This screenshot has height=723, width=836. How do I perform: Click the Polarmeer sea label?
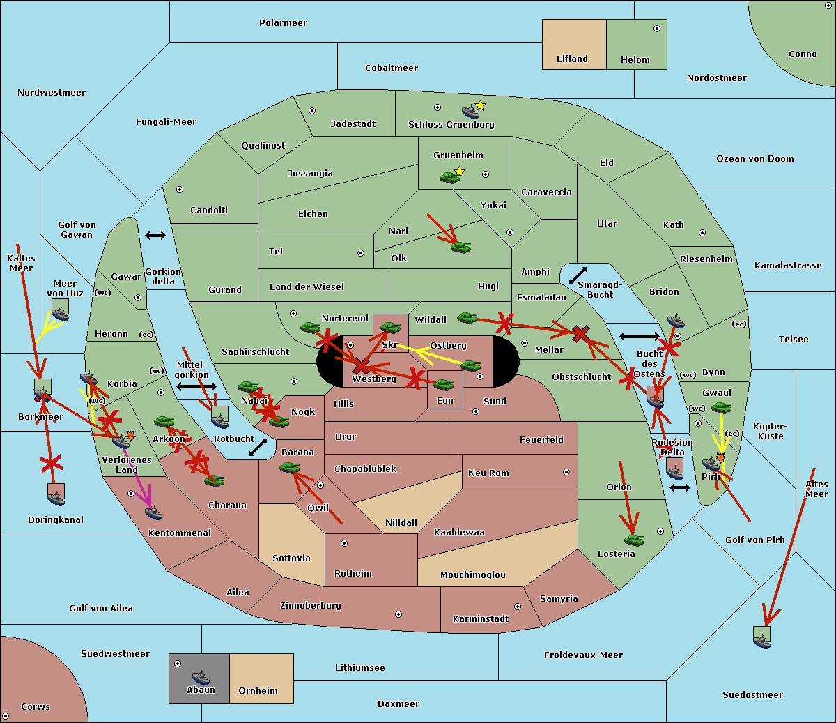pos(283,23)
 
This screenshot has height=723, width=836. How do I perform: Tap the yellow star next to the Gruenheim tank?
pos(460,172)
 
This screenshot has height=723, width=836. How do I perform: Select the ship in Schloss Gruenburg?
pos(470,112)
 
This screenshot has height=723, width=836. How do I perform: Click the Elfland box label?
pos(572,59)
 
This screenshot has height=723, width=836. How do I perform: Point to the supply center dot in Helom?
pos(657,29)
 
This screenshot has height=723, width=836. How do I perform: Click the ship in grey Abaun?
pos(201,678)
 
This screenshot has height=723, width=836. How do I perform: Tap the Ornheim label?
pos(258,690)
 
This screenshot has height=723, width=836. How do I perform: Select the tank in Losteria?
pos(634,540)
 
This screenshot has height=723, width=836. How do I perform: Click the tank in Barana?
pos(290,468)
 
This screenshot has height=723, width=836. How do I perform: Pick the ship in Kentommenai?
pos(153,513)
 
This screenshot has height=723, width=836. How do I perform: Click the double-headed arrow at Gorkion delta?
pos(155,235)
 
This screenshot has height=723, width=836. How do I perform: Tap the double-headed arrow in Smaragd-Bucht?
pos(578,275)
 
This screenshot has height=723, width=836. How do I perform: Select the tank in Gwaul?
pos(722,407)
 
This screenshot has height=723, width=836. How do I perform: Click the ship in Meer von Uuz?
pos(61,314)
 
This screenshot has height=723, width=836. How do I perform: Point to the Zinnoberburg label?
pos(311,606)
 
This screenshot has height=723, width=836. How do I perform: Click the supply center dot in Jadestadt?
pos(312,111)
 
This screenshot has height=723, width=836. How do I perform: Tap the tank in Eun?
pos(444,385)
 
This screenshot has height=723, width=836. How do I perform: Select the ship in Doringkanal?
pos(56,498)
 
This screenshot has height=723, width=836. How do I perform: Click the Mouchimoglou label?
pos(473,574)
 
